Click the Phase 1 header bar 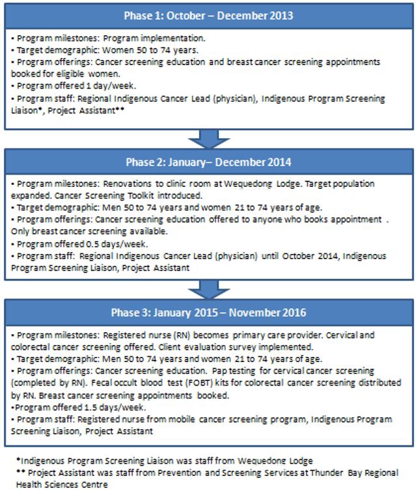click(209, 16)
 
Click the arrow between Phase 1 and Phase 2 click(209, 139)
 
